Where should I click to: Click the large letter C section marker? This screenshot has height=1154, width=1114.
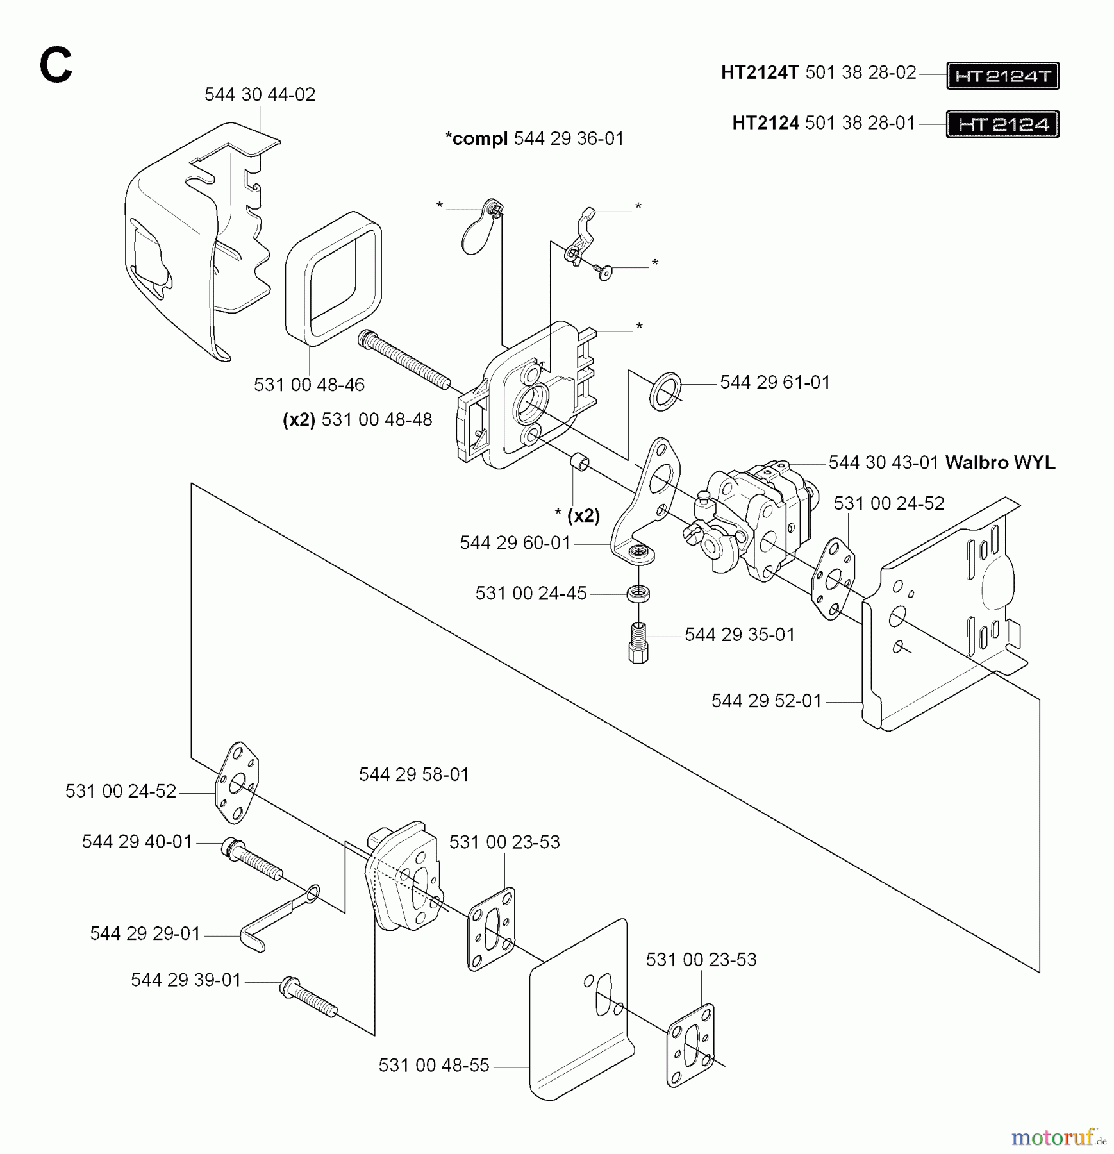(56, 66)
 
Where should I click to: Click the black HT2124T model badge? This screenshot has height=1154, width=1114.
(1002, 76)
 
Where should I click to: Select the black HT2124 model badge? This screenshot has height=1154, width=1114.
(1002, 124)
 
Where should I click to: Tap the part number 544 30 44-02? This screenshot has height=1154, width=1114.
(260, 95)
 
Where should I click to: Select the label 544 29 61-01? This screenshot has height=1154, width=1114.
(775, 383)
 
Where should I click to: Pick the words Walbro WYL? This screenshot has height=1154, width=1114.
(1000, 462)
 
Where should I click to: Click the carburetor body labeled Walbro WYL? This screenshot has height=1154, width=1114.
(756, 519)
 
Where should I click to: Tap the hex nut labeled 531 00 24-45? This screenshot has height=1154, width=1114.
(638, 593)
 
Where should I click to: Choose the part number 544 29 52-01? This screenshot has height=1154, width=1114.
(767, 701)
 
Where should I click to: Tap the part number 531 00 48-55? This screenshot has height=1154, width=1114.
(434, 1066)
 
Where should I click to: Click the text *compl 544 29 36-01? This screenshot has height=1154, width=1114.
(535, 138)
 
